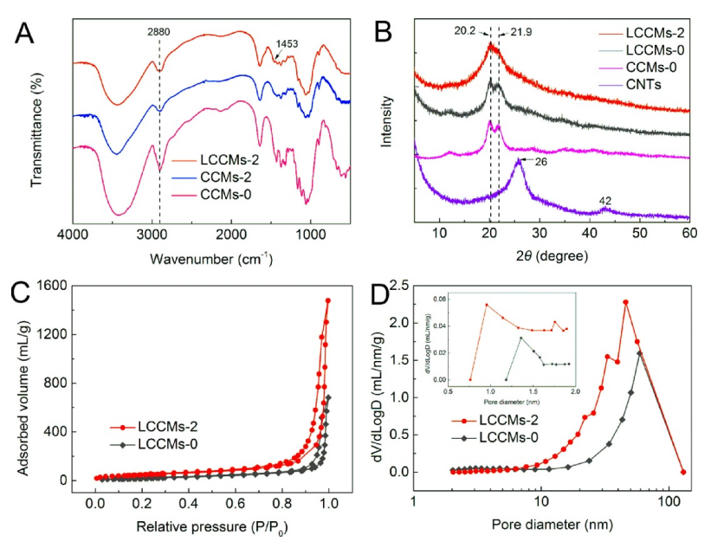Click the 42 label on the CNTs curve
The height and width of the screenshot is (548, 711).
604,201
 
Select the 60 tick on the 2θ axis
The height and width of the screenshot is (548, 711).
689,235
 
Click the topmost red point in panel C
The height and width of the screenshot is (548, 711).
328,301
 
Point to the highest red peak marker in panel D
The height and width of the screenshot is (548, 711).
625,302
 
